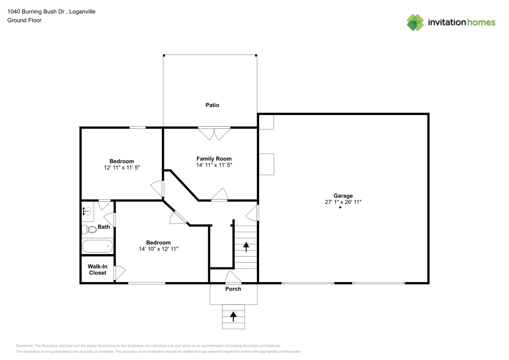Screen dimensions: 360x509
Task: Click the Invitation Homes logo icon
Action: (415, 22)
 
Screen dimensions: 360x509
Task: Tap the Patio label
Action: (212, 105)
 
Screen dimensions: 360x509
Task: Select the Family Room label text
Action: (214, 159)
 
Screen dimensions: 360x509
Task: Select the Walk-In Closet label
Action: (97, 269)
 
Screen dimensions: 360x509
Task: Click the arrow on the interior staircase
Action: (246, 247)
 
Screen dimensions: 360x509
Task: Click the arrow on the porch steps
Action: (234, 316)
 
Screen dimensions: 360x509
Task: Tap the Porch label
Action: (234, 289)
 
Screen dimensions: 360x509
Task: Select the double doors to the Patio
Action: (214, 133)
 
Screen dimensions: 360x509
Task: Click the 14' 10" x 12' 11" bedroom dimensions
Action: (158, 249)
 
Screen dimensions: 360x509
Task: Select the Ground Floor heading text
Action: (24, 20)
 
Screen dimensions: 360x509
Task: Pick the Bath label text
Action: (104, 227)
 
